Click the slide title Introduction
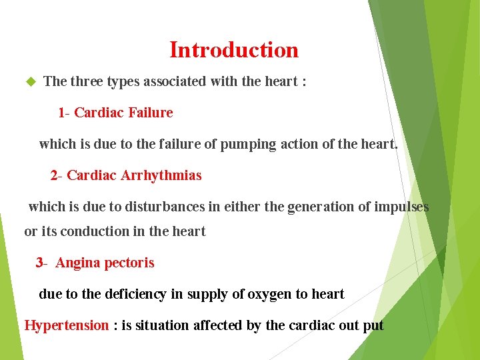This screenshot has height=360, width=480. pyautogui.click(x=234, y=50)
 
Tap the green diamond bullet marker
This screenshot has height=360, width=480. pyautogui.click(x=29, y=82)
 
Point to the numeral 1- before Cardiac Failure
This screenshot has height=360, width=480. pyautogui.click(x=64, y=113)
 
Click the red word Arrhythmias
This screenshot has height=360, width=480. pyautogui.click(x=161, y=176)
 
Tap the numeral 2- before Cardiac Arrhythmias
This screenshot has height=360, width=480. pyautogui.click(x=57, y=176)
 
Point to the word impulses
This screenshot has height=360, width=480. pyautogui.click(x=401, y=207)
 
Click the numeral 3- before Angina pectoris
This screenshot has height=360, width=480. pyautogui.click(x=42, y=263)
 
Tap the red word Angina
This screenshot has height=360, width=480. pyautogui.click(x=77, y=263)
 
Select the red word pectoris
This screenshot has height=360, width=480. pyautogui.click(x=129, y=263)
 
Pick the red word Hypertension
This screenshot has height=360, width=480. pyautogui.click(x=66, y=326)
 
